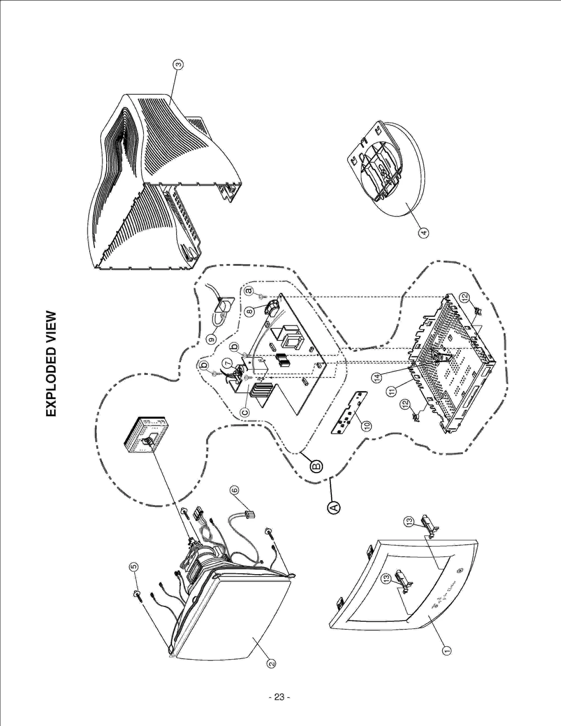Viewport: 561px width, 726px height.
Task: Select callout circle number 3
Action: click(x=178, y=65)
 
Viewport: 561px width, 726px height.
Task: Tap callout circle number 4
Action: click(x=424, y=232)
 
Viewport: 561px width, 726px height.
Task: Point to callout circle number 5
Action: click(x=134, y=567)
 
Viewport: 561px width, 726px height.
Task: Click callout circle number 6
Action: click(x=234, y=490)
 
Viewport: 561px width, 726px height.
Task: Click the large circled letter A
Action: click(x=334, y=507)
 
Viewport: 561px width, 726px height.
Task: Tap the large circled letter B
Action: click(x=317, y=466)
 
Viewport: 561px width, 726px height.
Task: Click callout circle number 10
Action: click(x=367, y=426)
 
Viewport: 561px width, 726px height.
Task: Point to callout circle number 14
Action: click(x=377, y=378)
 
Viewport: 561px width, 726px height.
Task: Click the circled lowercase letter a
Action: click(x=249, y=291)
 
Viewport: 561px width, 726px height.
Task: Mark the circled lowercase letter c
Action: click(x=245, y=412)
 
